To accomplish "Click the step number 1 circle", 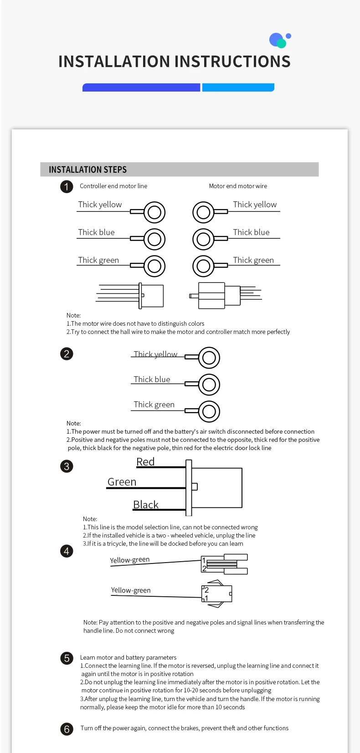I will pyautogui.click(x=67, y=187).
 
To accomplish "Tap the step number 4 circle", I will pyautogui.click(x=67, y=551).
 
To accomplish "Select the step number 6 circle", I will pyautogui.click(x=67, y=729).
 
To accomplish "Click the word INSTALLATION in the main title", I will pyautogui.click(x=114, y=61).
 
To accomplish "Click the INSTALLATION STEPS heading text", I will pyautogui.click(x=87, y=169).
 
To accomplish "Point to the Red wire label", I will pyautogui.click(x=145, y=461).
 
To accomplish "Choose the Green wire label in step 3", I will pyautogui.click(x=122, y=482).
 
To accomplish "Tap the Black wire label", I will pyautogui.click(x=146, y=504).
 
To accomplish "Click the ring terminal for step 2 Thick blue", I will pyautogui.click(x=209, y=384).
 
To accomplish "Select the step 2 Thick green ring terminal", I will pyautogui.click(x=209, y=411).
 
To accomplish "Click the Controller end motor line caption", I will pyautogui.click(x=113, y=186).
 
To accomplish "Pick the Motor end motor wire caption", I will pyautogui.click(x=238, y=186).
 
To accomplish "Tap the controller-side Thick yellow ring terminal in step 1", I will pyautogui.click(x=154, y=212).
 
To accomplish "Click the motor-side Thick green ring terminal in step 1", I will pyautogui.click(x=203, y=266).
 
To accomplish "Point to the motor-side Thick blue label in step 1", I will pyautogui.click(x=251, y=232).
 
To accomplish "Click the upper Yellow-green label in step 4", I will pyautogui.click(x=129, y=560).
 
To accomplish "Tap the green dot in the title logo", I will pyautogui.click(x=282, y=44).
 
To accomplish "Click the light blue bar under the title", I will pyautogui.click(x=238, y=87).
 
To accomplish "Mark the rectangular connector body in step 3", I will pyautogui.click(x=217, y=487).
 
